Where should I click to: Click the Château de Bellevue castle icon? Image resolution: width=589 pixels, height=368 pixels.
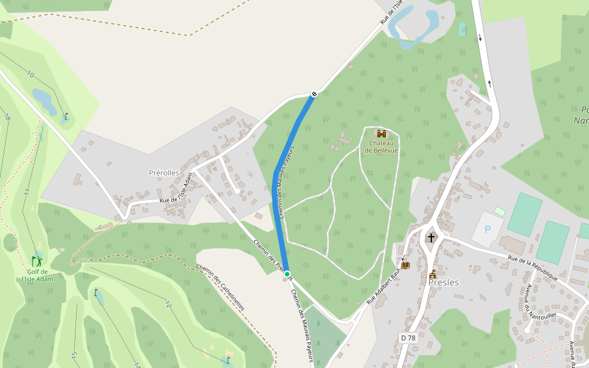coord(382,134)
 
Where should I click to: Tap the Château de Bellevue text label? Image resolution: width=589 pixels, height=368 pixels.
coord(382,147)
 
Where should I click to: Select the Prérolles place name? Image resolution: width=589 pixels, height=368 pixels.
coord(164,173)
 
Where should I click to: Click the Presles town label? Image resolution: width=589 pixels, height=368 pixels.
coord(445,283)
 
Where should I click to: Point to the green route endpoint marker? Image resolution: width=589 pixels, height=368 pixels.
coord(287,274)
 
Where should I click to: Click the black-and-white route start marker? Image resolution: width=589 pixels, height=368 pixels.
coord(314,94)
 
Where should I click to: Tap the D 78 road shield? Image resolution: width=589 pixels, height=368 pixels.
coord(407,338)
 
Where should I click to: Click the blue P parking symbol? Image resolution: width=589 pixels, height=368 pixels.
coord(488,230)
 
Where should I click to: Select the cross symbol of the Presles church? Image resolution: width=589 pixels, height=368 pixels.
coord(431,237)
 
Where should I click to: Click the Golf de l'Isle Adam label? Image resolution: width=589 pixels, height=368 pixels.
coord(37,275)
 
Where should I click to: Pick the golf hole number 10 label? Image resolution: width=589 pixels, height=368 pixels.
coord(31,74)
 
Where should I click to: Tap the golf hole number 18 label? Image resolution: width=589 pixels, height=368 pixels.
coord(7,117)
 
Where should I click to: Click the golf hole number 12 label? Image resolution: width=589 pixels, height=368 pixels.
coord(168,304)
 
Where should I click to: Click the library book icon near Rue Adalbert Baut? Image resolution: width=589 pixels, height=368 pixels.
coord(405,265)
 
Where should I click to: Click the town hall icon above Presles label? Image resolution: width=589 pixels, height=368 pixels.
coord(433,274)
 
